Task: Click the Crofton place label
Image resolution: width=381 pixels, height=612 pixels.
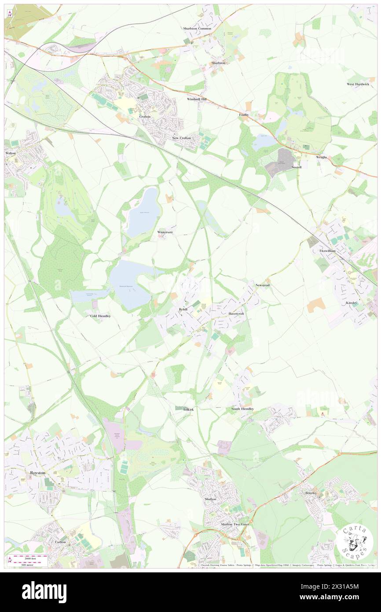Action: pyautogui.click(x=145, y=117)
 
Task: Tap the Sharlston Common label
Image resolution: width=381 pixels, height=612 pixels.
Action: pyautogui.click(x=197, y=29)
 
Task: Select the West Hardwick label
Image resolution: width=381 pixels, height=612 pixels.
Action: pyautogui.click(x=358, y=84)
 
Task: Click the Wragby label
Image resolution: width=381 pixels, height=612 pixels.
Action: pyautogui.click(x=321, y=157)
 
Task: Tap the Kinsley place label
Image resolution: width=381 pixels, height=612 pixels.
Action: pyautogui.click(x=352, y=303)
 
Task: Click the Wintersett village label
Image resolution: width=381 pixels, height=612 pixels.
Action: pyautogui.click(x=165, y=232)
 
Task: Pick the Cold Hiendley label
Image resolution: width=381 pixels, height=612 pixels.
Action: pyautogui.click(x=100, y=316)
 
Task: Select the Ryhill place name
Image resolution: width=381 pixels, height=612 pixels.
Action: pyautogui.click(x=183, y=310)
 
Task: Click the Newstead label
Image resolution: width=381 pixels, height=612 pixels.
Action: pyautogui.click(x=263, y=285)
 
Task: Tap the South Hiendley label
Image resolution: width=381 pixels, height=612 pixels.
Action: pyautogui.click(x=242, y=409)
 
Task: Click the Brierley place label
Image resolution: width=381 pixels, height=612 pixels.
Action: pyautogui.click(x=311, y=493)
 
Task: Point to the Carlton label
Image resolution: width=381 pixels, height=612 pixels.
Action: pyautogui.click(x=60, y=542)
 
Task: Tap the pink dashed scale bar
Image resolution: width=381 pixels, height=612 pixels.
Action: pyautogui.click(x=29, y=557)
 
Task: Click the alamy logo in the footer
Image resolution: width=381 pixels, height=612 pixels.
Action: pyautogui.click(x=44, y=592)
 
